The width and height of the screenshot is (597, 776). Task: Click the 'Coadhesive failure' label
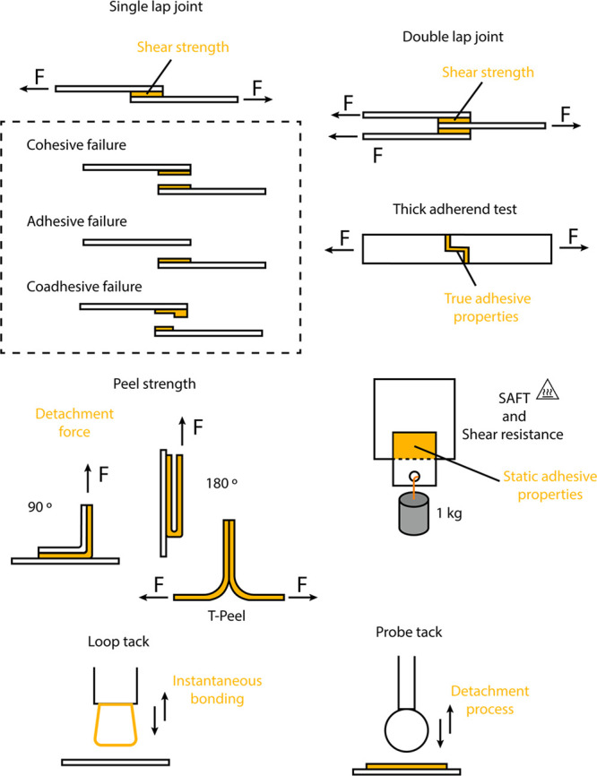pyautogui.click(x=79, y=287)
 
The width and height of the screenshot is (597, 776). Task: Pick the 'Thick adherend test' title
pyautogui.click(x=456, y=209)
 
